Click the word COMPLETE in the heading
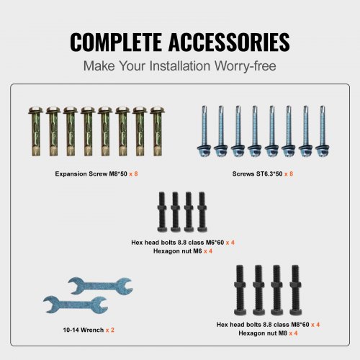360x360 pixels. (x=116, y=42)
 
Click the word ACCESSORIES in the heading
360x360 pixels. (x=229, y=42)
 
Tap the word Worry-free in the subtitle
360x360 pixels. (x=245, y=66)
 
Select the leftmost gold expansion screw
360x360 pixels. (x=36, y=132)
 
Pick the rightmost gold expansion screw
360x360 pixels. (x=158, y=132)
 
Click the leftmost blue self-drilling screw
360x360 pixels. (x=204, y=131)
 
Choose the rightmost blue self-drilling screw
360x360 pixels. (x=323, y=131)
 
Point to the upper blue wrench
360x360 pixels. (x=100, y=286)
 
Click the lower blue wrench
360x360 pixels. (x=76, y=305)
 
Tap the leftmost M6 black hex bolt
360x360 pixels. (x=162, y=212)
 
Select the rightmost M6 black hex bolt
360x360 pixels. (x=202, y=212)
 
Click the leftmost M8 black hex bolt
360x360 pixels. (x=240, y=290)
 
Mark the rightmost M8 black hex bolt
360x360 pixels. (x=295, y=290)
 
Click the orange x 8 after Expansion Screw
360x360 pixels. (x=133, y=174)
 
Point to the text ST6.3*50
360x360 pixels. (x=269, y=174)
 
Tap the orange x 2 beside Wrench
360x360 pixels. (x=110, y=330)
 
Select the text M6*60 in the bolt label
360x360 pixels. (x=215, y=243)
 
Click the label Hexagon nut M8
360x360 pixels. (x=263, y=333)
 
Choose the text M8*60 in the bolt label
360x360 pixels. (x=300, y=325)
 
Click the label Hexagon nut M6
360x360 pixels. (x=178, y=251)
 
